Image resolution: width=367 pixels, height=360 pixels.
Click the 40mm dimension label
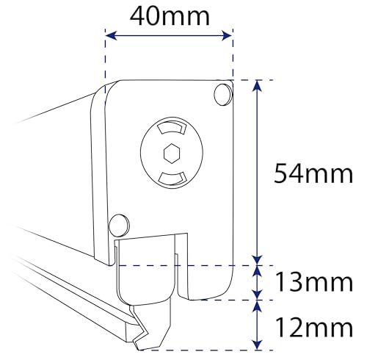[170, 16]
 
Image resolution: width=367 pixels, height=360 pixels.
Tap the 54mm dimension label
[313, 173]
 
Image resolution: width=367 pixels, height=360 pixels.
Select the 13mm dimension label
[314, 282]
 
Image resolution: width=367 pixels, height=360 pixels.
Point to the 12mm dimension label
[314, 328]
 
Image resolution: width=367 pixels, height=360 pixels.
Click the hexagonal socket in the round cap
[172, 153]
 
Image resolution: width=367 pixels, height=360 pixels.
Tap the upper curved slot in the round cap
[170, 128]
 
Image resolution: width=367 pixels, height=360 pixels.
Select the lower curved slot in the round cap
[172, 179]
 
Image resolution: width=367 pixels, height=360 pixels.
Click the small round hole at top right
[223, 95]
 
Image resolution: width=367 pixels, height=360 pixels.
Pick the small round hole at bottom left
[119, 226]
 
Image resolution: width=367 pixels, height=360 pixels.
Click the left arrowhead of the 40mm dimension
[111, 36]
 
